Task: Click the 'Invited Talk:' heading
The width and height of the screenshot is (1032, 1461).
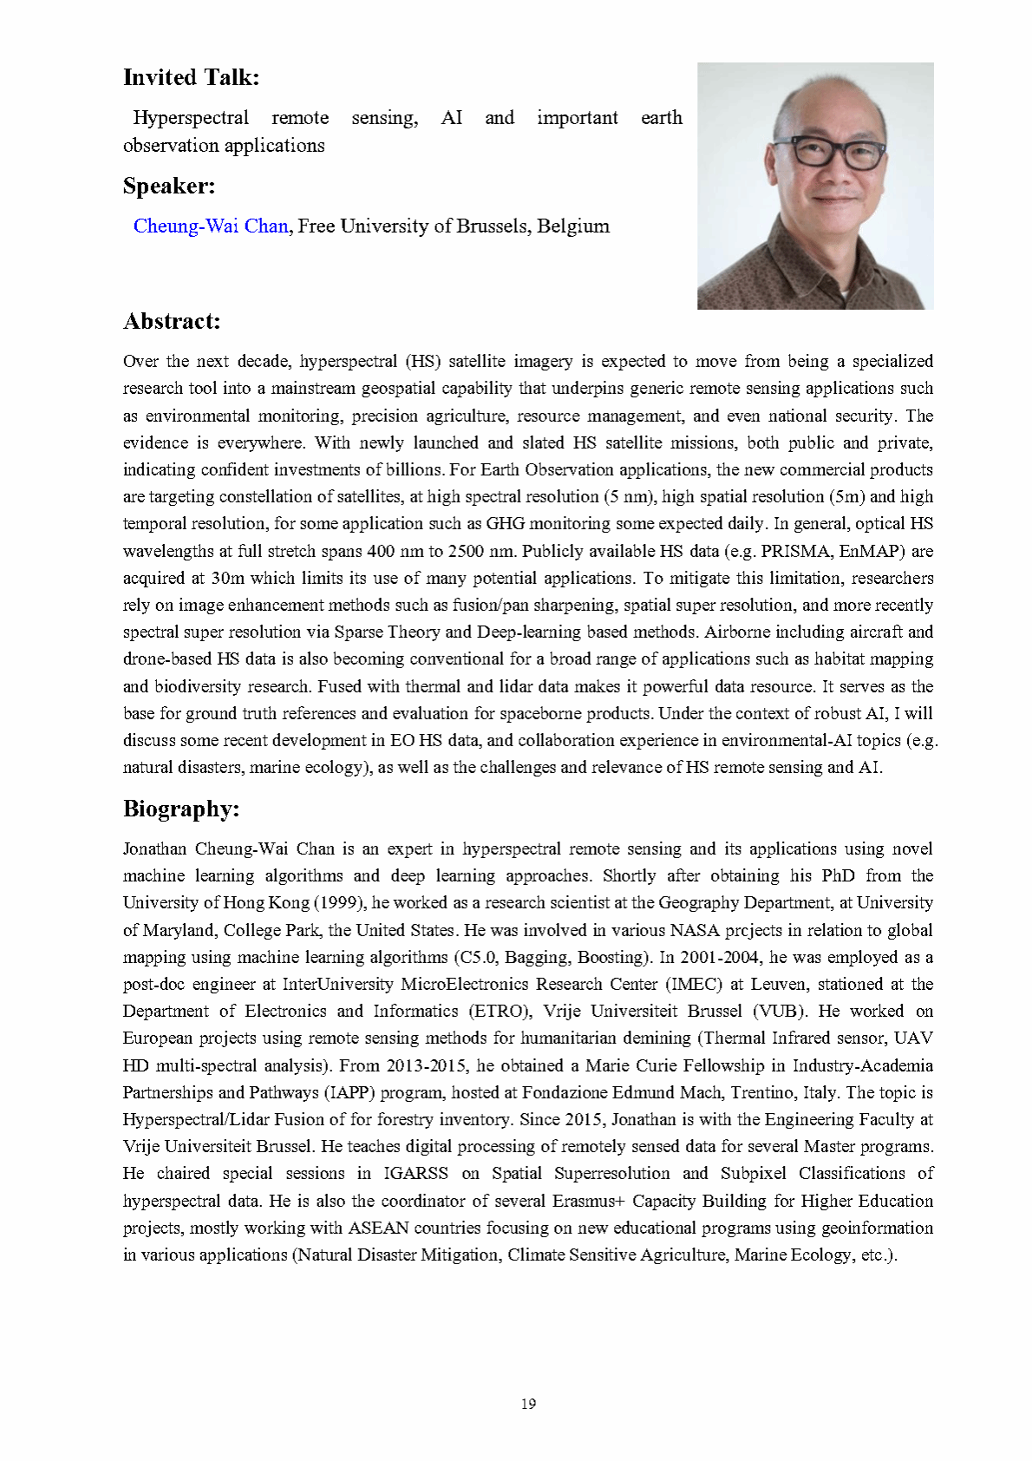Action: pyautogui.click(x=191, y=77)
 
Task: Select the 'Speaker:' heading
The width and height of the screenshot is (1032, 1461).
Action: pyautogui.click(x=168, y=186)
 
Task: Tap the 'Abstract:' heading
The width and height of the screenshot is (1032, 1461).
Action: pyautogui.click(x=172, y=321)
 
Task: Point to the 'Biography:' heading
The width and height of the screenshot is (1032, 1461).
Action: pyautogui.click(x=180, y=809)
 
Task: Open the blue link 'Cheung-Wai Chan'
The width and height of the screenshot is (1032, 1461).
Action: pyautogui.click(x=211, y=226)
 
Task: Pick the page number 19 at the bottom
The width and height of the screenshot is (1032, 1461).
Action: pyautogui.click(x=528, y=1404)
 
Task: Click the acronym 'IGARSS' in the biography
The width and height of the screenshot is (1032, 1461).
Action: pyautogui.click(x=415, y=1174)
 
